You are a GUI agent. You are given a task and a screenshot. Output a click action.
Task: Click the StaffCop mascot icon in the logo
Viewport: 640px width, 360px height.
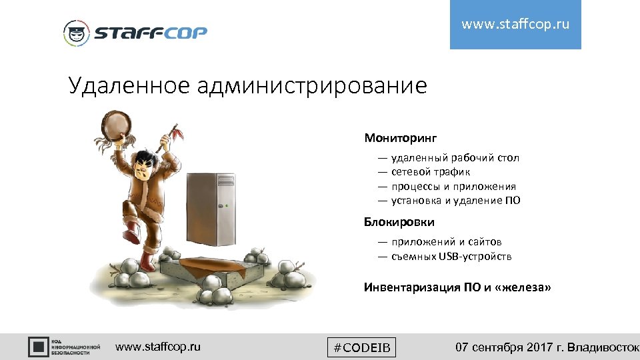76,33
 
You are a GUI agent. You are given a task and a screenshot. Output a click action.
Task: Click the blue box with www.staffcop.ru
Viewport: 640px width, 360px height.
515,25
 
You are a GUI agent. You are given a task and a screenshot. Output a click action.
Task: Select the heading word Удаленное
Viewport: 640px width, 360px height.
127,85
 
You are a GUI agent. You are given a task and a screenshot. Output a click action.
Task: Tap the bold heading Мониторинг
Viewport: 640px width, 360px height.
400,138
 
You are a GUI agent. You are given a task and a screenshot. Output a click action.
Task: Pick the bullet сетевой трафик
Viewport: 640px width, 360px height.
431,172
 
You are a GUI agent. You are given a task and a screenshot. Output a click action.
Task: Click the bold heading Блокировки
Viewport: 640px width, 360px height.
399,221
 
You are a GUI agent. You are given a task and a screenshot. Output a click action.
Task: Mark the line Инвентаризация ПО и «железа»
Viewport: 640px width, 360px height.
457,287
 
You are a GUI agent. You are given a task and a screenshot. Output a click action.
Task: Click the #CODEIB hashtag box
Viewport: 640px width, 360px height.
362,347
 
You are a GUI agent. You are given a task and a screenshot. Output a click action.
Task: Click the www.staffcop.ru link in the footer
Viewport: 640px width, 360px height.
157,347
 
